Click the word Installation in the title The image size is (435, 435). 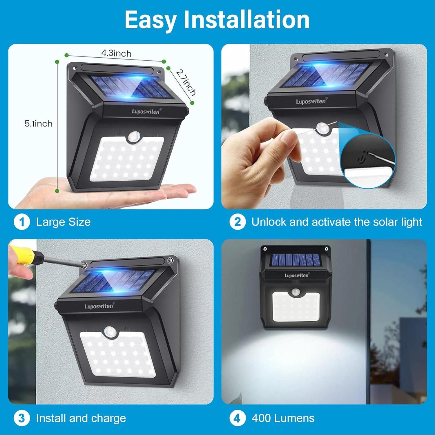click(247, 20)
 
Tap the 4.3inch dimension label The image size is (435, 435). click(116, 53)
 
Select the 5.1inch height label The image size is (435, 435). click(39, 124)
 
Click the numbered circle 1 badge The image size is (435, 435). click(22, 222)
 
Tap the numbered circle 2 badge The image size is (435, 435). click(238, 222)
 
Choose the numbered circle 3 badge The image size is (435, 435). click(22, 418)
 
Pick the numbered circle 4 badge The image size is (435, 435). click(238, 418)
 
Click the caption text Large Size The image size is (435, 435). click(63, 222)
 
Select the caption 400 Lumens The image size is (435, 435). click(283, 418)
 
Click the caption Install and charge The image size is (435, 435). click(81, 418)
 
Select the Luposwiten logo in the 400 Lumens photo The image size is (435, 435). click(296, 275)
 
